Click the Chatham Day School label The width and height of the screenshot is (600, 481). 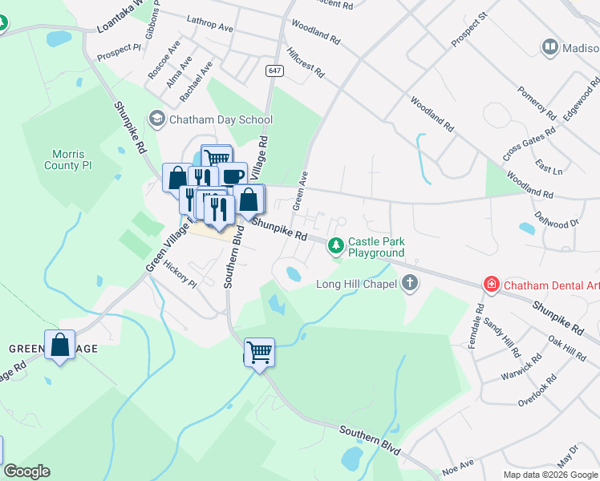pyautogui.click(x=221, y=120)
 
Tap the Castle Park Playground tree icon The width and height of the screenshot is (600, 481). pyautogui.click(x=336, y=247)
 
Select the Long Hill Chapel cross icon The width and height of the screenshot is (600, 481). pyautogui.click(x=410, y=283)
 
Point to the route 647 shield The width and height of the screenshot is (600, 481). pyautogui.click(x=275, y=71)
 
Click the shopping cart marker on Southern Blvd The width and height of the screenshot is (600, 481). pyautogui.click(x=259, y=351)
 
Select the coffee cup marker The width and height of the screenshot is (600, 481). pyautogui.click(x=233, y=176)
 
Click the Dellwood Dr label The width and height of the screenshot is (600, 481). pyautogui.click(x=560, y=219)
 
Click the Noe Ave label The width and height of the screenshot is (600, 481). pyautogui.click(x=458, y=463)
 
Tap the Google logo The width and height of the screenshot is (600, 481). pyautogui.click(x=26, y=471)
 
